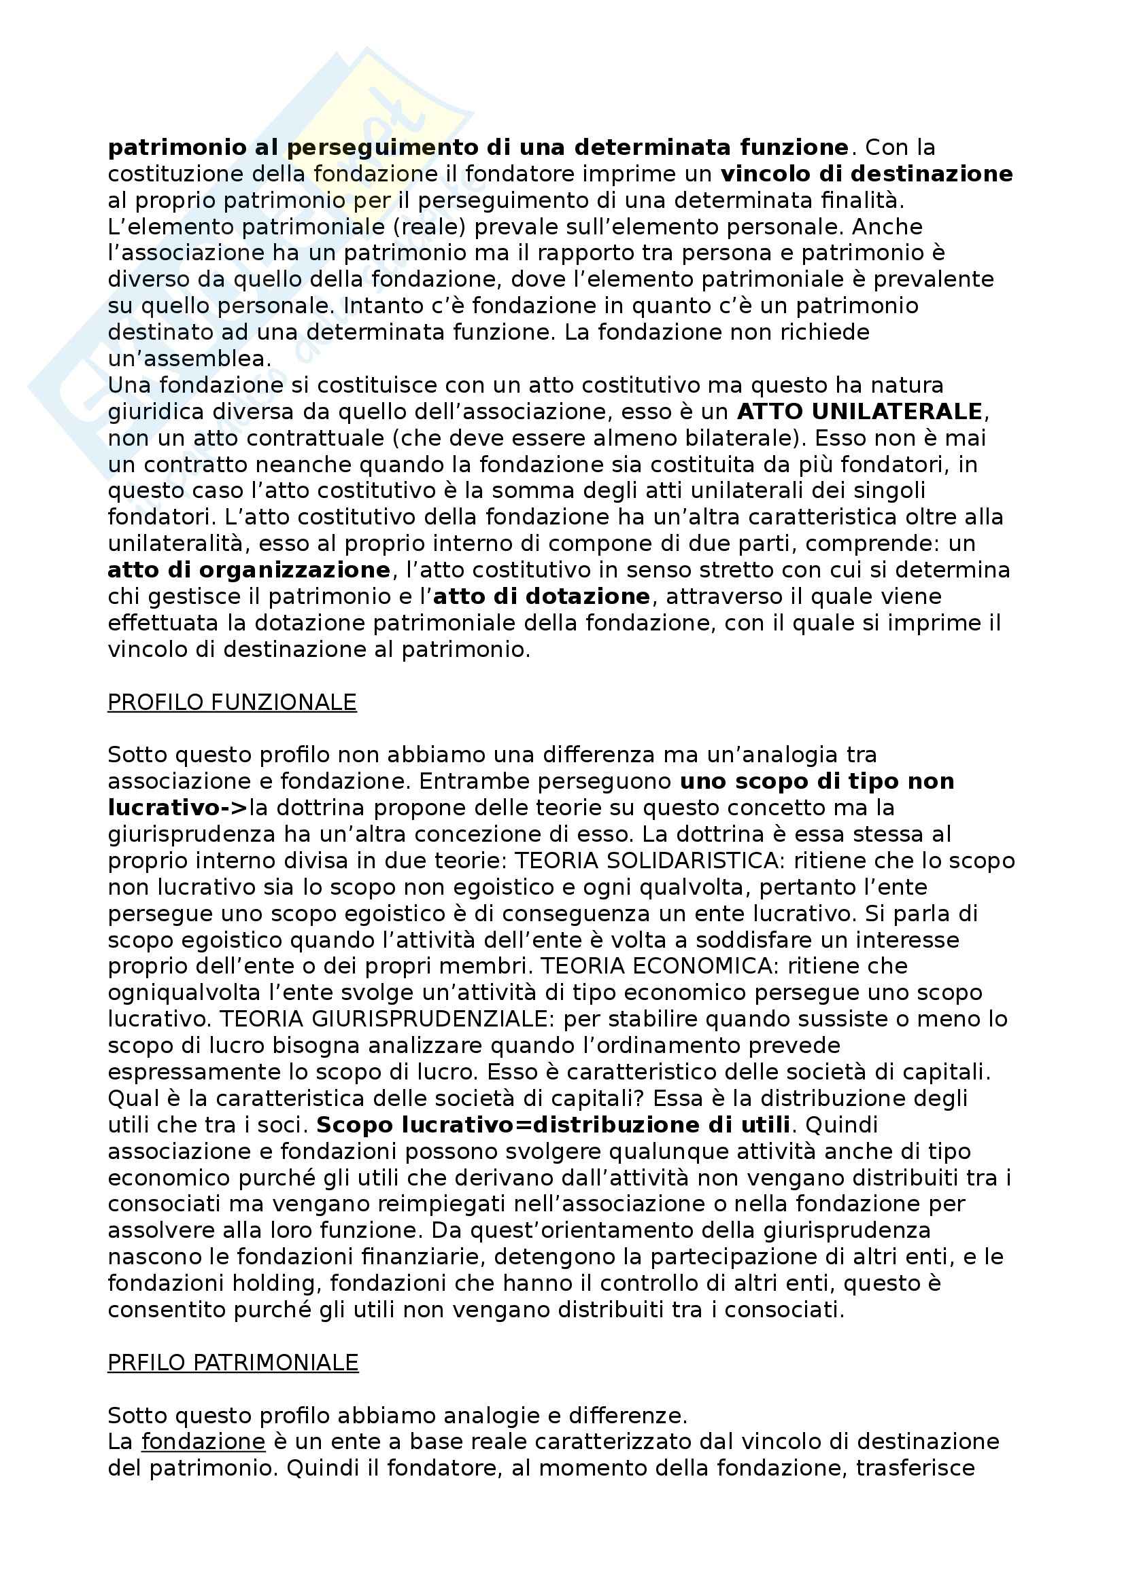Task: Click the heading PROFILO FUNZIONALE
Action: pyautogui.click(x=232, y=702)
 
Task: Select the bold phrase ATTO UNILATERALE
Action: pyautogui.click(x=859, y=412)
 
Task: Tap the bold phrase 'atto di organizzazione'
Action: pyautogui.click(x=250, y=570)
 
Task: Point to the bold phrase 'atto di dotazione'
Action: pyautogui.click(x=541, y=596)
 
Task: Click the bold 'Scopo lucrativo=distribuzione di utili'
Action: pyautogui.click(x=554, y=1125)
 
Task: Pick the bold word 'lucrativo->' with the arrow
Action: pyautogui.click(x=177, y=808)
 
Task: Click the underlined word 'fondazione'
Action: pyautogui.click(x=203, y=1442)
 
